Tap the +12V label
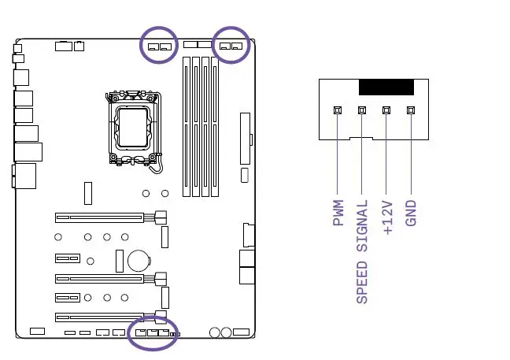click(386, 217)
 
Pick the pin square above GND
click(410, 110)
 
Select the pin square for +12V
click(386, 110)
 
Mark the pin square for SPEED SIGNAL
click(362, 110)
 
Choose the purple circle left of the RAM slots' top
click(159, 46)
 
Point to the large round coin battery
click(139, 258)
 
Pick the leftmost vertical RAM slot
click(187, 126)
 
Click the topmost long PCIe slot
click(100, 216)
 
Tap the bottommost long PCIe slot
click(100, 318)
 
